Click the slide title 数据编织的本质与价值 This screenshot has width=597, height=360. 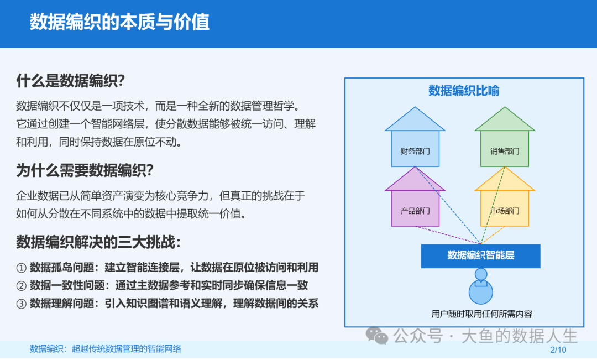[119, 22]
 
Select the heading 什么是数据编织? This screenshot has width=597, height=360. [70, 81]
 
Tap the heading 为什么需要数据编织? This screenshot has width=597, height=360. [85, 170]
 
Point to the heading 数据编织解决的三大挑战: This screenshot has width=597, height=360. [98, 242]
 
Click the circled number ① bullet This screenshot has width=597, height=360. [22, 268]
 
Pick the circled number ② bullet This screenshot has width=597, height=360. [22, 286]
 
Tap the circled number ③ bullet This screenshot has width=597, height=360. [22, 304]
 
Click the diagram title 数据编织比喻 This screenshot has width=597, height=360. [464, 91]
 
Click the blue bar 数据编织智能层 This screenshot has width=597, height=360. [480, 256]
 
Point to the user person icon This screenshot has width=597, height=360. [481, 286]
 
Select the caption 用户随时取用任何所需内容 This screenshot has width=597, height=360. [481, 314]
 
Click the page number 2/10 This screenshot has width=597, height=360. [558, 349]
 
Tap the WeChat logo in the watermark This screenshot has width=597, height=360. [377, 336]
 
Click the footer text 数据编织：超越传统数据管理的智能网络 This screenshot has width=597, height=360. [106, 348]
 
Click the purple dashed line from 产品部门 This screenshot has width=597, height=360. [448, 235]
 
